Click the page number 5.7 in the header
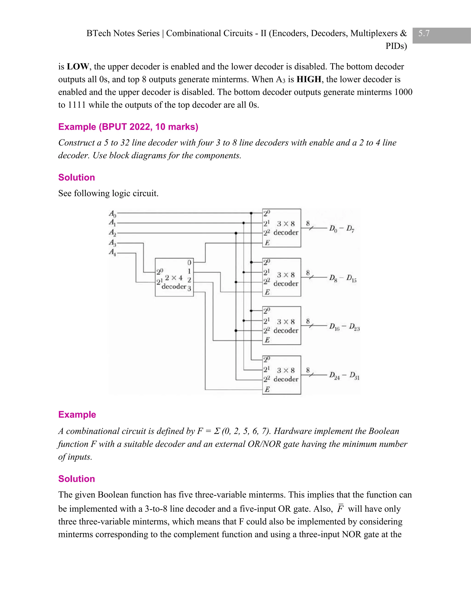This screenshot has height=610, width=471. point(424,34)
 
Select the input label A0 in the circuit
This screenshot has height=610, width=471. point(112,214)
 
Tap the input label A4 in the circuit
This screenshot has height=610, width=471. point(112,252)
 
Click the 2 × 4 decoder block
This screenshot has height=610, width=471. point(174,277)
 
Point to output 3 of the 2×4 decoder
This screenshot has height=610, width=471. point(189,288)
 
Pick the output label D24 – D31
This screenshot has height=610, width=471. point(344,375)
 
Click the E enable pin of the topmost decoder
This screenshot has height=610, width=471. point(267,243)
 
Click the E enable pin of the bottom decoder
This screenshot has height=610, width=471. point(267,389)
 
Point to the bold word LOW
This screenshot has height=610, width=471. point(78,67)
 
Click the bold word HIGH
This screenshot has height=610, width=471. point(309,80)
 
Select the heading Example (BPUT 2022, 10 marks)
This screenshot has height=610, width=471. point(128,127)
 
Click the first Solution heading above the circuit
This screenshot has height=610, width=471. point(76,177)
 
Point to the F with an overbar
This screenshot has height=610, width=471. point(340,509)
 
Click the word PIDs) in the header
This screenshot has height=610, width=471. point(396,46)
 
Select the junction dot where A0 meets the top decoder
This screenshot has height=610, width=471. point(251,213)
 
